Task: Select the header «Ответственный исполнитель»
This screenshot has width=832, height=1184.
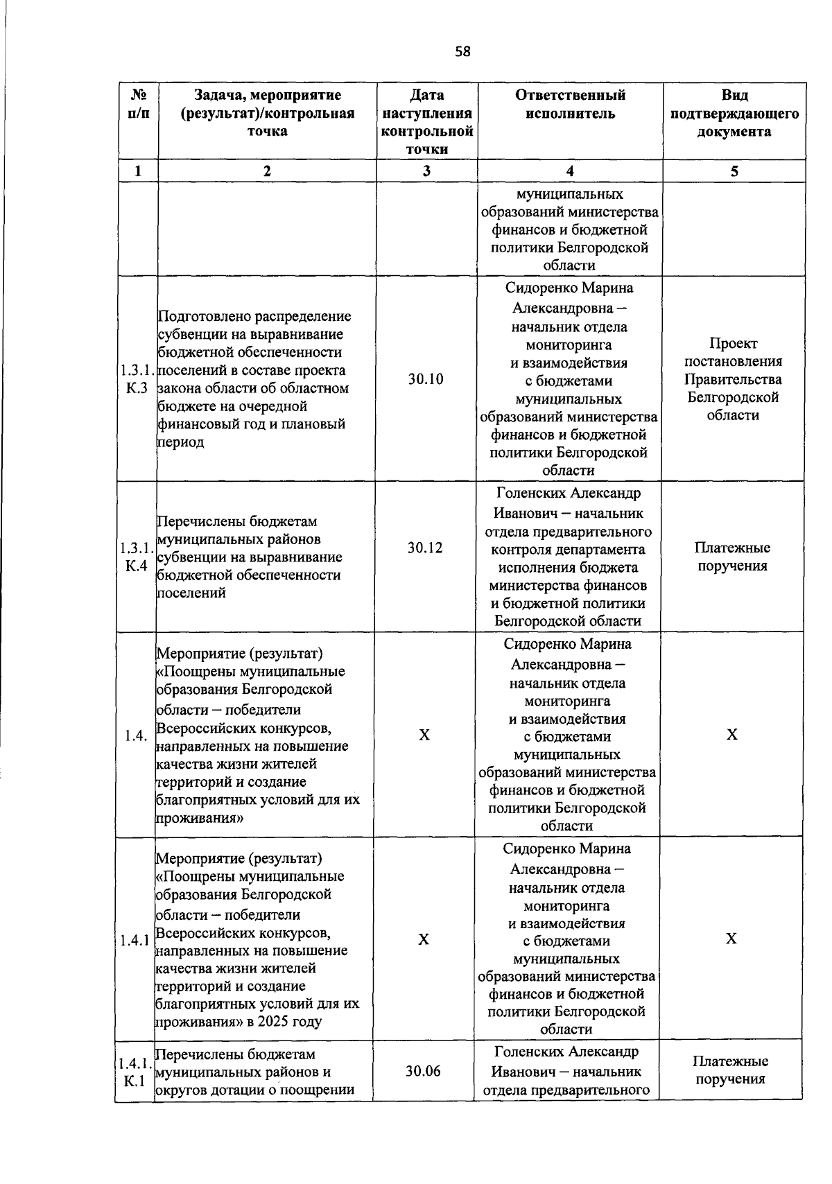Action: [x=569, y=104]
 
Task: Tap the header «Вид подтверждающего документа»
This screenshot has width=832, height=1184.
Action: [x=734, y=113]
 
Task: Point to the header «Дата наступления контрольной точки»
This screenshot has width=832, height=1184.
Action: [x=426, y=122]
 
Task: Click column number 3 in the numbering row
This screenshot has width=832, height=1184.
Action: [x=426, y=171]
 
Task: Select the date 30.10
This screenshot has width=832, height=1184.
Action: [x=426, y=379]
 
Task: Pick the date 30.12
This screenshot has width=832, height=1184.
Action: [x=425, y=548]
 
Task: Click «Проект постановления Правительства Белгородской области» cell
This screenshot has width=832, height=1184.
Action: [x=733, y=379]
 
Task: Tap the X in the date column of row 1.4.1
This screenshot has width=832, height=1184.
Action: [x=424, y=939]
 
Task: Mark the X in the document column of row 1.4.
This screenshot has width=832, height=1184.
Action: [x=732, y=735]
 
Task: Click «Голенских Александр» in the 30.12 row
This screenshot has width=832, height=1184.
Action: [x=569, y=493]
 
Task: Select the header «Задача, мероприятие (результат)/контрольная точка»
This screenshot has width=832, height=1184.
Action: [x=268, y=113]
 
